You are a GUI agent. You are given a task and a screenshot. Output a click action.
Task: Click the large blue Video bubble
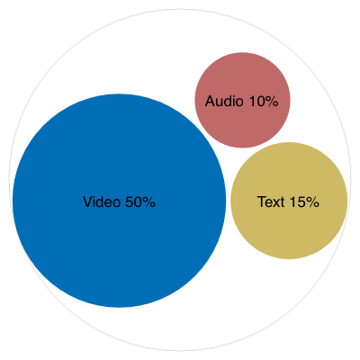(x=119, y=201)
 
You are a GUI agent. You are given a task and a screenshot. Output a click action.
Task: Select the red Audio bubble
(x=242, y=100)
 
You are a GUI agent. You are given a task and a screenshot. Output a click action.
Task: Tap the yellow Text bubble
(x=289, y=201)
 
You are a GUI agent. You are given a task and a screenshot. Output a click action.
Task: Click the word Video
(x=102, y=202)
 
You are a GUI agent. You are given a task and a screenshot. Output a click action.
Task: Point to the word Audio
(x=224, y=101)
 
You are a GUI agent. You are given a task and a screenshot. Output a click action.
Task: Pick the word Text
(x=271, y=202)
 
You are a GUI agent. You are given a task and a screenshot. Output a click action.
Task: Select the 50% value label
(x=140, y=202)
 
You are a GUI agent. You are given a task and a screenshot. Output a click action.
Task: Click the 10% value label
(x=264, y=101)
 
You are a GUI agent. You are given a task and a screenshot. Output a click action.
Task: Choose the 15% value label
(x=304, y=202)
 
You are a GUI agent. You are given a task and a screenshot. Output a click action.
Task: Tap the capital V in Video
(x=87, y=202)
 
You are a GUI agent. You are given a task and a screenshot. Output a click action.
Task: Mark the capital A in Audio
(x=210, y=101)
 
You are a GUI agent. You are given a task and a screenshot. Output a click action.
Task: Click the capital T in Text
(x=262, y=202)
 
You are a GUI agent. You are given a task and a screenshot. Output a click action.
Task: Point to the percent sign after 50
(x=149, y=202)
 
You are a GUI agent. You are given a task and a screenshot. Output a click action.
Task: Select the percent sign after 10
(x=273, y=101)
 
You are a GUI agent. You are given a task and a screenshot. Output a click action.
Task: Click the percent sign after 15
(x=313, y=202)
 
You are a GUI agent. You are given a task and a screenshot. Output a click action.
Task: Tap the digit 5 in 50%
(x=129, y=202)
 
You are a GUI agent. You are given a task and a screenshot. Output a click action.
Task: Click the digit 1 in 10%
(x=252, y=101)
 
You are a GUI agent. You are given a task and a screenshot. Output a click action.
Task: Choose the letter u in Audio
(x=220, y=103)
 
